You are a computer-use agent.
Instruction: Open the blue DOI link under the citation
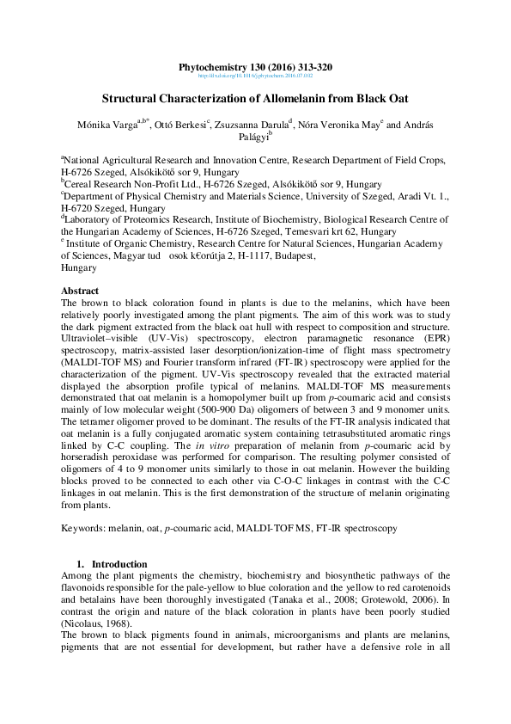(x=255, y=76)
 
